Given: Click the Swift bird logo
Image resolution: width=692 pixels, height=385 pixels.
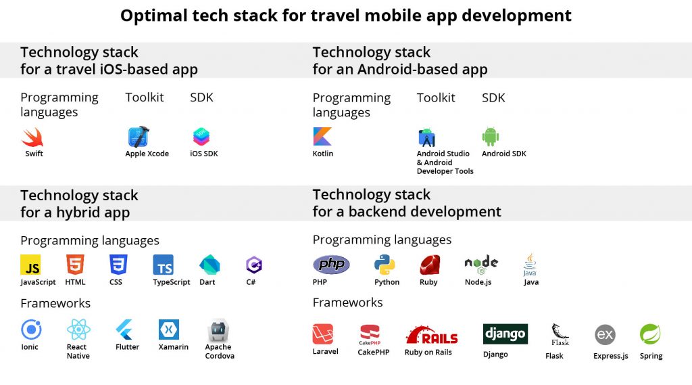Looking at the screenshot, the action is (32, 137).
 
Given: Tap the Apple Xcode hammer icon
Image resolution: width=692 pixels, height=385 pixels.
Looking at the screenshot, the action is (138, 137).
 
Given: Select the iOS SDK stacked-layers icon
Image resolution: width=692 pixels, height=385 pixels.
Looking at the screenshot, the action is (201, 137).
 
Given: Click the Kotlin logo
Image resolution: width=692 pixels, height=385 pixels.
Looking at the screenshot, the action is (322, 137).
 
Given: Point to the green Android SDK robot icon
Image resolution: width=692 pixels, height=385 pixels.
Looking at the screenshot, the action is (491, 137).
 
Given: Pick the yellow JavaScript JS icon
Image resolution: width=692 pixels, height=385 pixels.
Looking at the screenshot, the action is (30, 265).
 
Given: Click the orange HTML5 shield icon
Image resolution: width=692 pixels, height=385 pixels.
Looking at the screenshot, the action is (75, 265).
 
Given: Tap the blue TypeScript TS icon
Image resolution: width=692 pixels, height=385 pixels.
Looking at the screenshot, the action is (163, 265).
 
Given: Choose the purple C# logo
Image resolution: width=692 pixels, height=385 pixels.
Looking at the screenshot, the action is (254, 265).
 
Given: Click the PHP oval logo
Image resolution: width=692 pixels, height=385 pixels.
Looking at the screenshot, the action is (331, 265).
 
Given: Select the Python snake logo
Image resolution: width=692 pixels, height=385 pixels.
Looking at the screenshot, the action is (385, 265).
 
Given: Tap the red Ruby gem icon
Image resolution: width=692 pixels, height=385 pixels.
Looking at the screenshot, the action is (429, 265).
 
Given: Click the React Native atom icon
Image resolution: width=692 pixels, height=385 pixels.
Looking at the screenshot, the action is (78, 330).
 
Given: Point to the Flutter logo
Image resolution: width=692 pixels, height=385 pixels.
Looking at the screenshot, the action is (124, 330).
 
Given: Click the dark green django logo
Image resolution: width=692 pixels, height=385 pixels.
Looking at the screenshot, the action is (505, 334).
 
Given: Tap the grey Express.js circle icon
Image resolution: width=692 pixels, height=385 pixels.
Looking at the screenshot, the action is (605, 335).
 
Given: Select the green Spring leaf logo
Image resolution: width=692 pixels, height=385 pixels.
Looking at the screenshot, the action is (650, 334).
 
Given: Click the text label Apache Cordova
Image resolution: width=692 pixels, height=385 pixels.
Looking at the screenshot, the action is (220, 351).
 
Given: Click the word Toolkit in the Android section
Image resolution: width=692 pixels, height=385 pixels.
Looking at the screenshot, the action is (436, 97).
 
